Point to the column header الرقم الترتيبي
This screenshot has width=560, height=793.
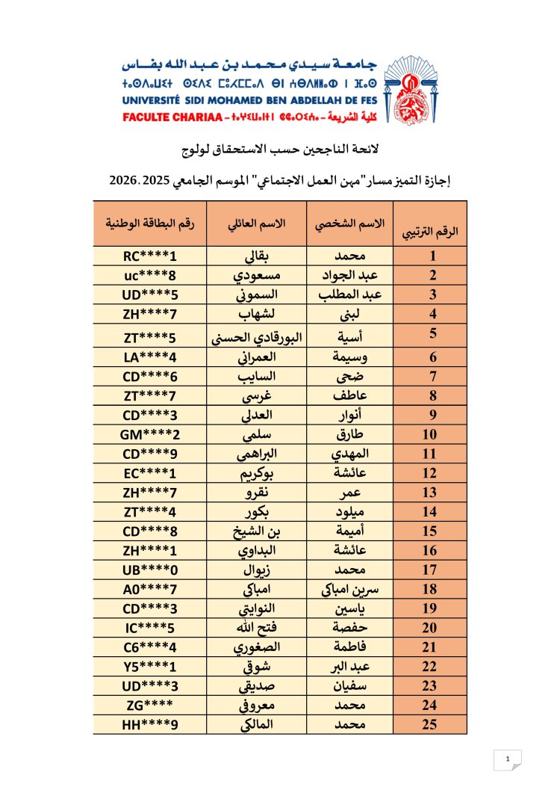pos(431,231)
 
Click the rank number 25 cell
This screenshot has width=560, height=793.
pos(431,723)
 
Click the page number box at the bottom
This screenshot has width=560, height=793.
pos(508,760)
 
